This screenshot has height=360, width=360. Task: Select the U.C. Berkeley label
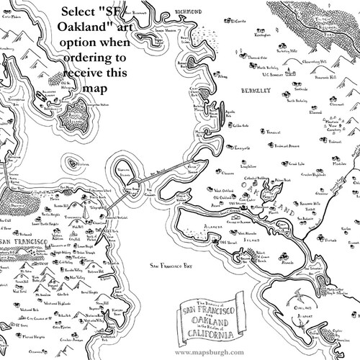pos(274,74)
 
